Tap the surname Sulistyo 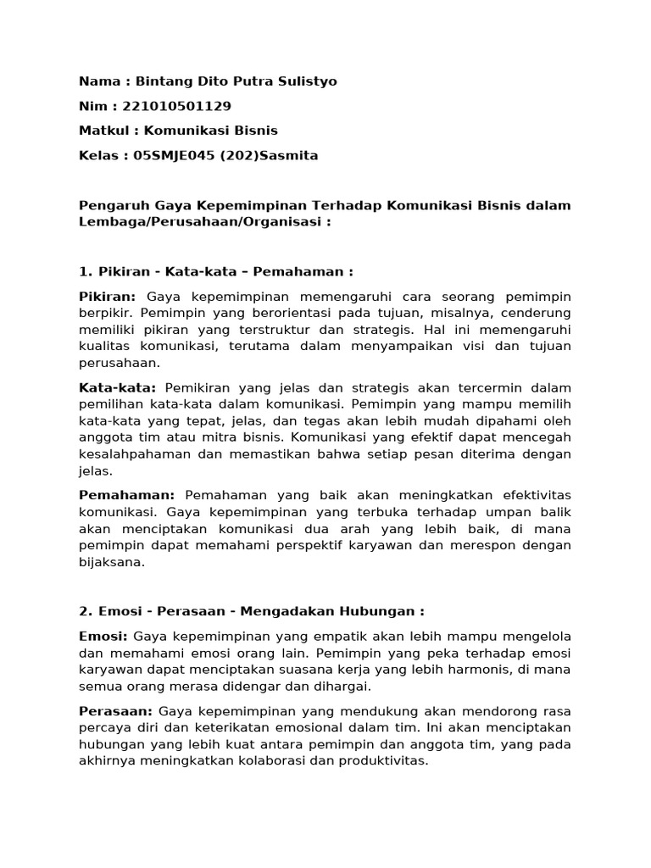click(303, 81)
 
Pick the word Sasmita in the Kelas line click(290, 155)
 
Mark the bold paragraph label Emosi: click(103, 636)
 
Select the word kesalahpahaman click(131, 453)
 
